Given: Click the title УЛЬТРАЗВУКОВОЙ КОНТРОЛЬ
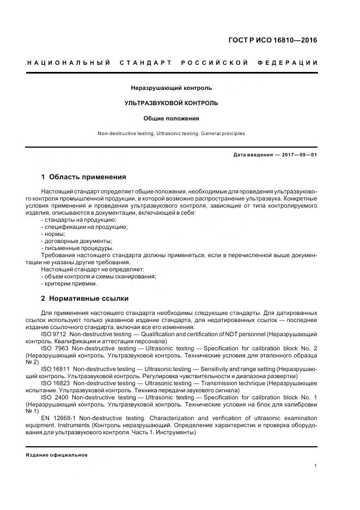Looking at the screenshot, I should [x=172, y=102].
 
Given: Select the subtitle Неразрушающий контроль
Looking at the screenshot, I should [x=172, y=88].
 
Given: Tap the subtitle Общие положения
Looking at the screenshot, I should [x=172, y=118].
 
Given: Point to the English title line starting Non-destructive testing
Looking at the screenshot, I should [x=172, y=133].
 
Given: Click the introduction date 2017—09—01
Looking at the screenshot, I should [x=299, y=155].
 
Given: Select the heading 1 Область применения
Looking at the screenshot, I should [x=84, y=177].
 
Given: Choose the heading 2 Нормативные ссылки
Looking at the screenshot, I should [x=85, y=299].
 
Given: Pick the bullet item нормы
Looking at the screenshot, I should [x=53, y=233].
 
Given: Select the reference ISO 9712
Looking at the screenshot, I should [x=53, y=334].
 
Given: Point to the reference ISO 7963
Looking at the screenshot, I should [x=53, y=348].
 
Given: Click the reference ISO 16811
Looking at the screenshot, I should [x=55, y=369].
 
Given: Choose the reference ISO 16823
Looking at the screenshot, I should [x=55, y=383].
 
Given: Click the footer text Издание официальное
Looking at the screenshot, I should [x=57, y=455].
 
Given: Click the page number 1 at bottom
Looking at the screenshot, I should [x=316, y=466].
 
